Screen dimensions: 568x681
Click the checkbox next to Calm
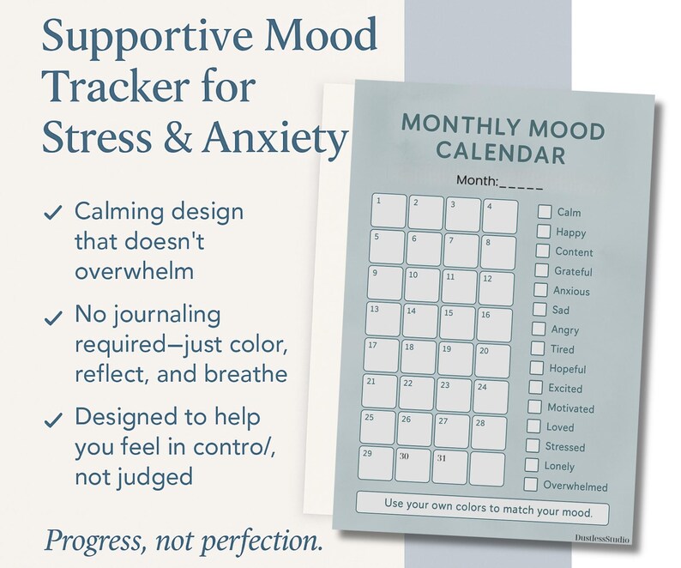[x=545, y=211]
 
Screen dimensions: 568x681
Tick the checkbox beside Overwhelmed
[x=531, y=485]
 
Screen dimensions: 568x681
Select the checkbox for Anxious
[x=541, y=290]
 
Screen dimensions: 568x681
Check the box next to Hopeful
[x=537, y=368]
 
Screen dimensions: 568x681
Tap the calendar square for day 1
[x=389, y=212]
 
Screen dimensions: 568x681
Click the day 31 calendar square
[x=449, y=467]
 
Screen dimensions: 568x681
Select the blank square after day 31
[x=486, y=468]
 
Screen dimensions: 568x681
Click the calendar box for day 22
[x=416, y=393]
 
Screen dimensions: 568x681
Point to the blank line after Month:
[x=521, y=181]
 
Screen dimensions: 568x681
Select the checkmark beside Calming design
[x=53, y=213]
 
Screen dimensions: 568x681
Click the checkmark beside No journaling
[x=53, y=317]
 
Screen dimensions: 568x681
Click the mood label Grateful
[x=573, y=271]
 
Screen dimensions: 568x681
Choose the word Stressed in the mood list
[x=565, y=446]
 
